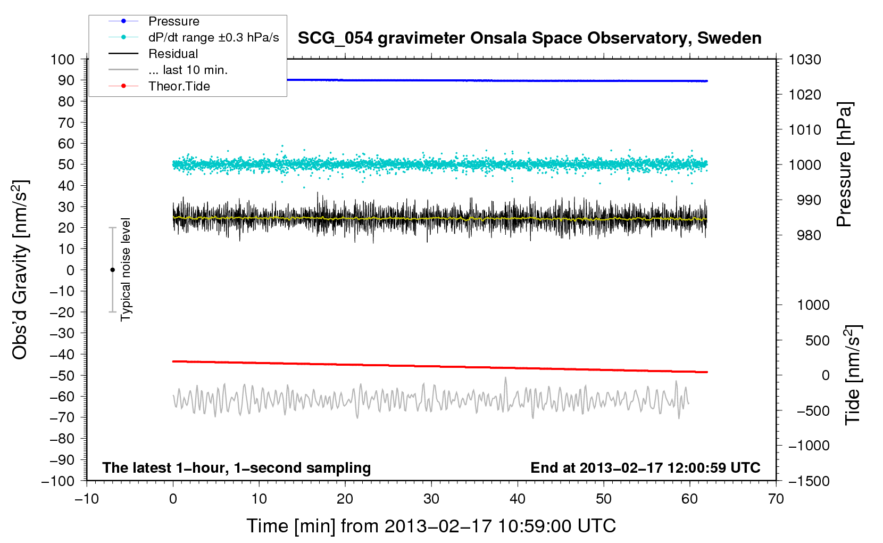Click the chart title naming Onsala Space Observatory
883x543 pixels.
click(529, 38)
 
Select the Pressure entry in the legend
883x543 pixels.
click(173, 21)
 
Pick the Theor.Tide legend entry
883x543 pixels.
click(179, 86)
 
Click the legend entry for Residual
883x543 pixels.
click(173, 54)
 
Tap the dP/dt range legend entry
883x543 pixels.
click(213, 37)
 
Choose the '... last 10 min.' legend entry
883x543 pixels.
click(188, 70)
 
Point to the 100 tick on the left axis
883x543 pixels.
click(62, 59)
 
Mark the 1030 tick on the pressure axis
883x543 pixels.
click(805, 60)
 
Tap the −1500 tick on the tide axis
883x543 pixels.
click(809, 481)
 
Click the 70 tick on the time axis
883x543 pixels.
click(776, 499)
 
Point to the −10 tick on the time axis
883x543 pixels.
click(87, 499)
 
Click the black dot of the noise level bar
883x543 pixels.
click(112, 270)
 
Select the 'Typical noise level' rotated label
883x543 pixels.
click(126, 269)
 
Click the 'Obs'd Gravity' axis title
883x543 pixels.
click(20, 270)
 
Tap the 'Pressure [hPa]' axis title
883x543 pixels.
click(844, 164)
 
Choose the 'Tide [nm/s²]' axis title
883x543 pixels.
click(853, 374)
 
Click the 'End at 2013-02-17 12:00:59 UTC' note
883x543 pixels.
click(645, 467)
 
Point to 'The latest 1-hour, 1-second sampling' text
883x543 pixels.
click(237, 467)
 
